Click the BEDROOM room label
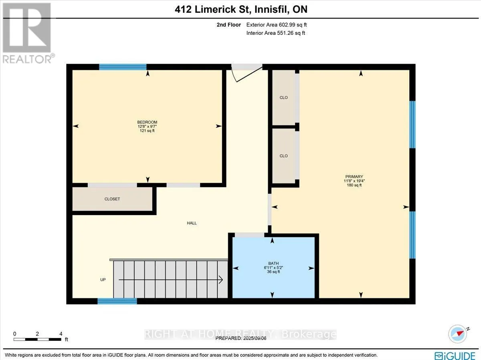147,122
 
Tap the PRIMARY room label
354,177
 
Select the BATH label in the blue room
273,263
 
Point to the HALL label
192,223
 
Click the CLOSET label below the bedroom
112,199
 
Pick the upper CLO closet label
283,98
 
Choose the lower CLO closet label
283,156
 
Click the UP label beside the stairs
103,280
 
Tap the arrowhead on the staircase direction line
221,280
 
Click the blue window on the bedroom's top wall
123,67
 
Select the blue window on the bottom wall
117,301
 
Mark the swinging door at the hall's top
247,73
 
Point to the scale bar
37,340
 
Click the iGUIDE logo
455,356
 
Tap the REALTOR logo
27,33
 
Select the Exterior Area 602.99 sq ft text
277,25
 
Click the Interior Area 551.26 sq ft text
276,33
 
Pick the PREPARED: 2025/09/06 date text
241,338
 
